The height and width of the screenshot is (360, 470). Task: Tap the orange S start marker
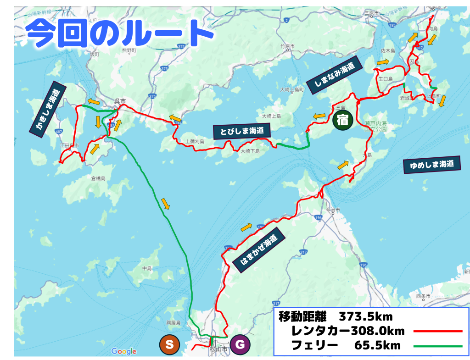tap(169, 345)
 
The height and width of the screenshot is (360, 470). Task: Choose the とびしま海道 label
tap(241, 131)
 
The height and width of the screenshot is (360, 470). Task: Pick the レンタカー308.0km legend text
tap(347, 331)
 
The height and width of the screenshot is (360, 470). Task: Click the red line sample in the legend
tap(437, 331)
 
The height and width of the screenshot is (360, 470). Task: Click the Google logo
tap(124, 351)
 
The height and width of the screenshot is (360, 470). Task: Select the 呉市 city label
tap(120, 101)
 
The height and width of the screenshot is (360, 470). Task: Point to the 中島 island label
tap(147, 268)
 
